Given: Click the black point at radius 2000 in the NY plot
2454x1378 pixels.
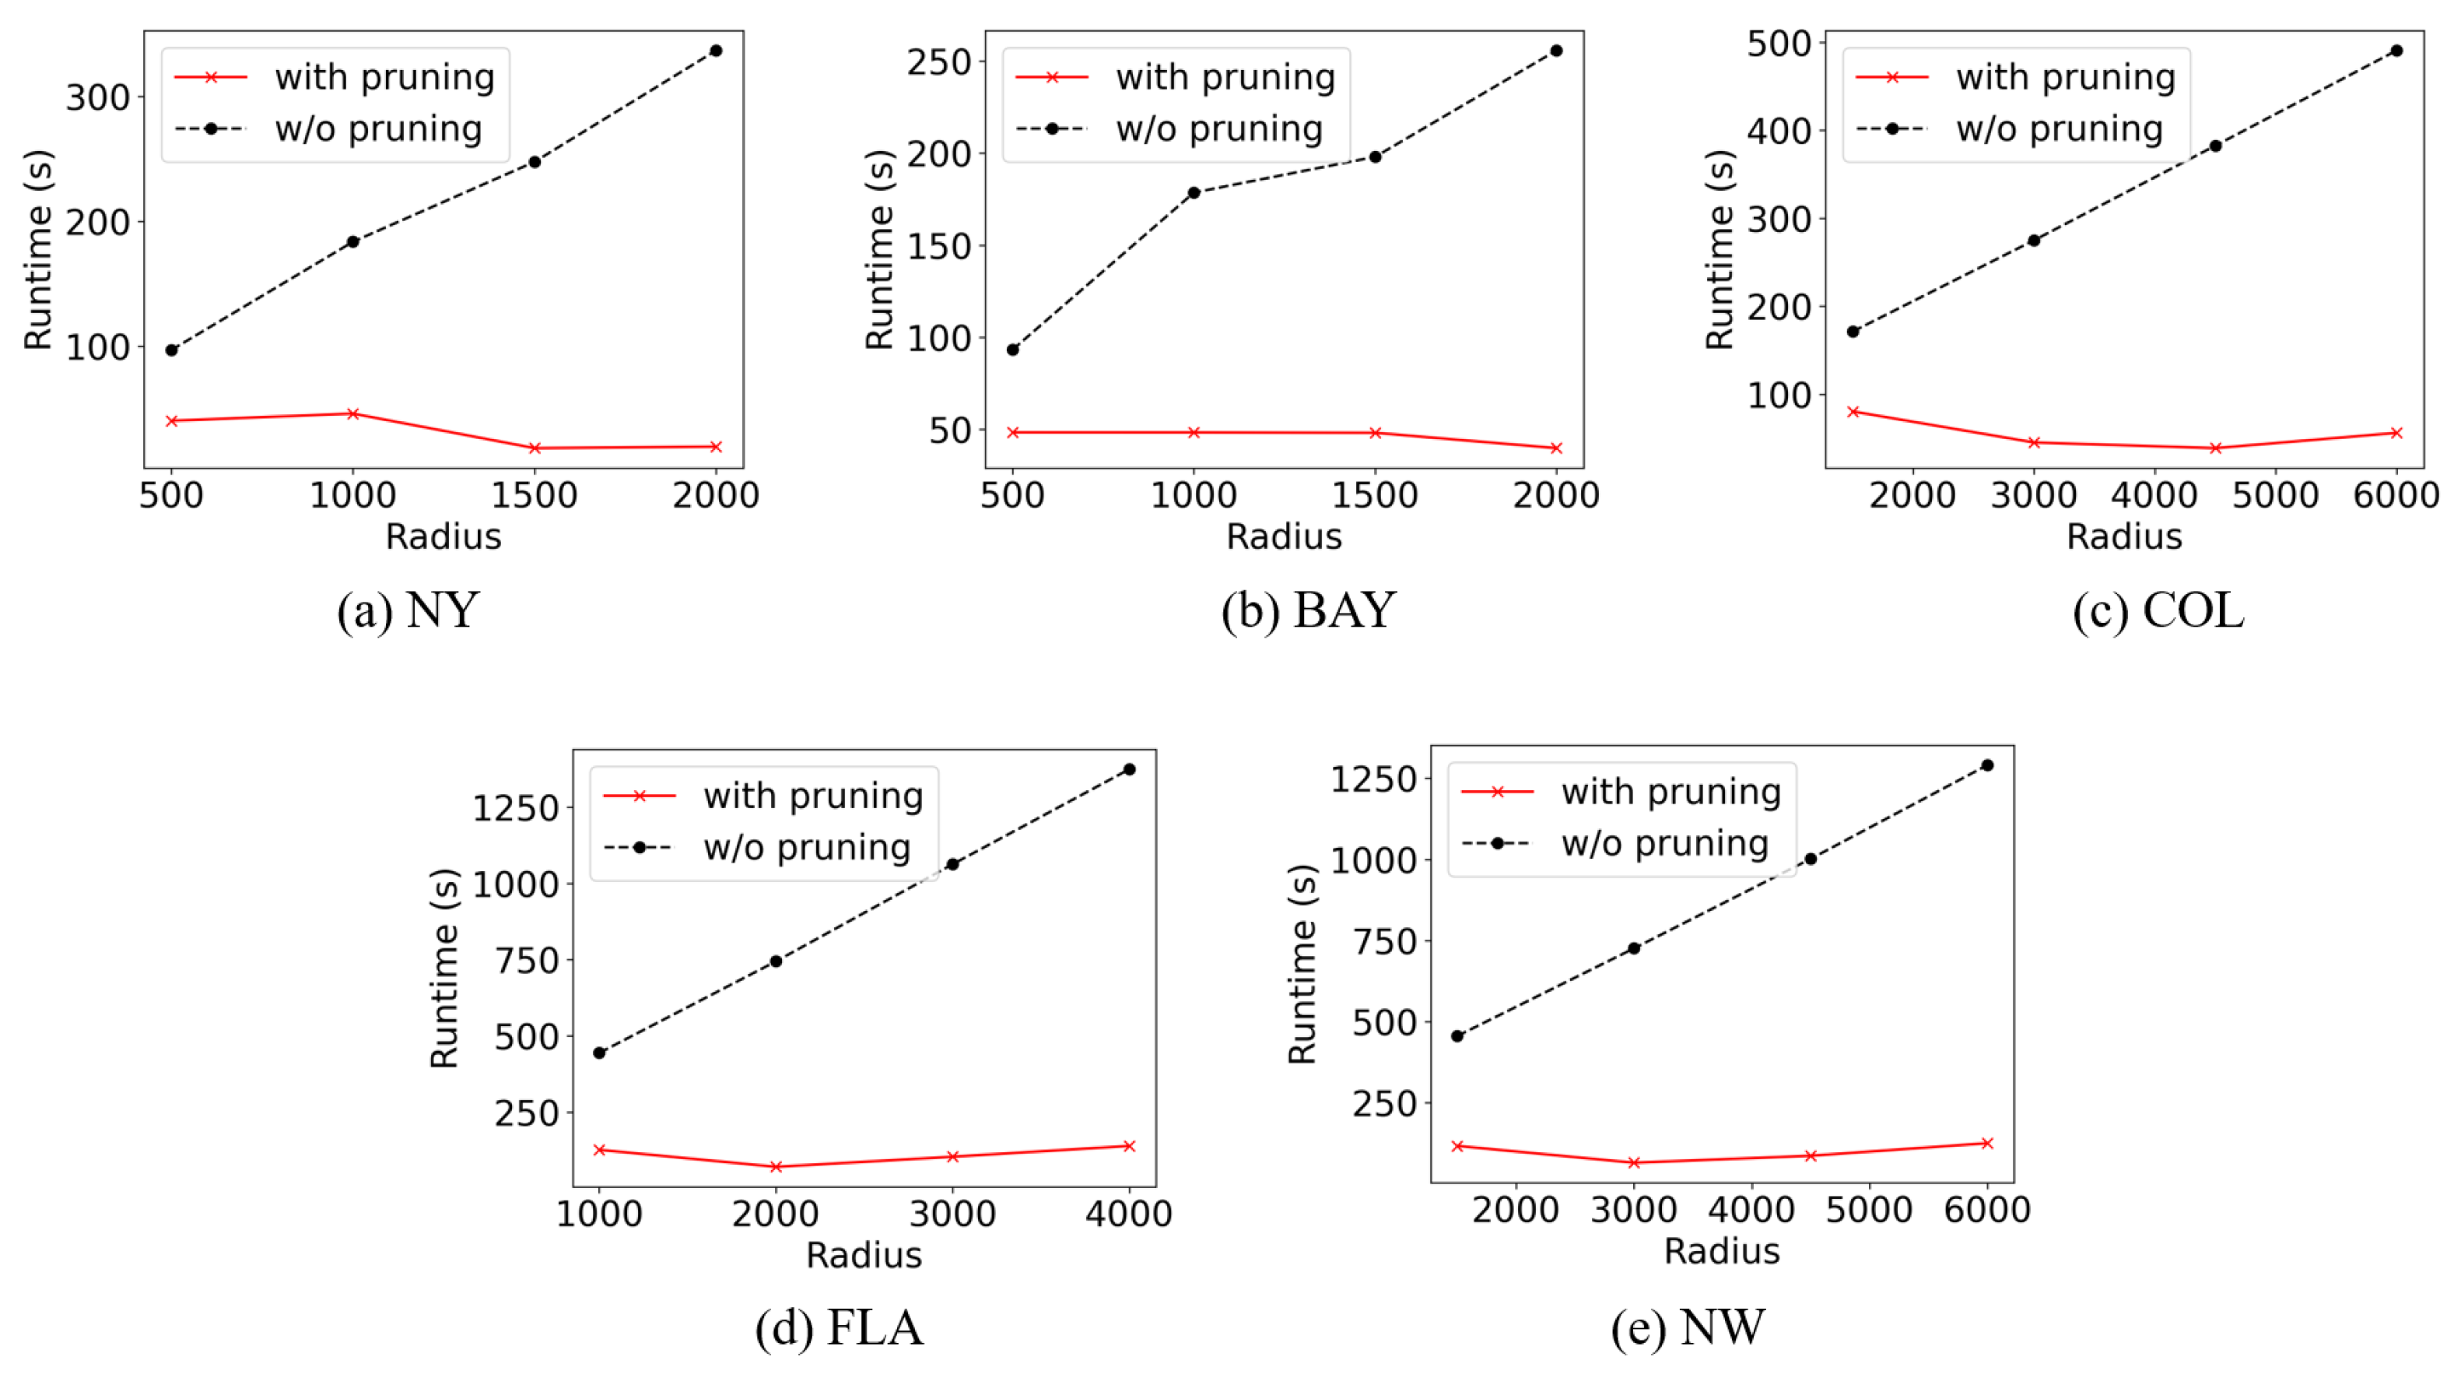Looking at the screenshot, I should pyautogui.click(x=716, y=51).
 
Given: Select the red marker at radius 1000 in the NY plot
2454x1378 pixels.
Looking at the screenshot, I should pyautogui.click(x=352, y=413).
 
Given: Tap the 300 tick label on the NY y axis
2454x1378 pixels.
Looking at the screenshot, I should pyautogui.click(x=97, y=97).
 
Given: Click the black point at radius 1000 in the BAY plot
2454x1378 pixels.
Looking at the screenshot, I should pyautogui.click(x=1194, y=192).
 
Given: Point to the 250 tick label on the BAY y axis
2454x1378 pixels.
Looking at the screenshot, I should pyautogui.click(x=938, y=62).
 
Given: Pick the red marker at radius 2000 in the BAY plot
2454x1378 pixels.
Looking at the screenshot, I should pyautogui.click(x=1555, y=448).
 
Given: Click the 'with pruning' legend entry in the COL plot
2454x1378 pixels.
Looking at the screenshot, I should pyautogui.click(x=2064, y=77).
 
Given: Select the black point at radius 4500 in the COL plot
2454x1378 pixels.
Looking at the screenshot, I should pyautogui.click(x=2216, y=146).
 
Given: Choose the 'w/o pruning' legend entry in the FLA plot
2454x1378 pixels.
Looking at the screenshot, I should pyautogui.click(x=806, y=847).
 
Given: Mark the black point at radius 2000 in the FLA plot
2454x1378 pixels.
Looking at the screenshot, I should pyautogui.click(x=776, y=961).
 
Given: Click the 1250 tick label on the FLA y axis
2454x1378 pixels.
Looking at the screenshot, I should pyautogui.click(x=515, y=808).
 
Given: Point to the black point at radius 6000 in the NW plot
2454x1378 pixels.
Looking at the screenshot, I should pyautogui.click(x=1987, y=765).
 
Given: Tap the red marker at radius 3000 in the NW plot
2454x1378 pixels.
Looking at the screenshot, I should pyautogui.click(x=1634, y=1162).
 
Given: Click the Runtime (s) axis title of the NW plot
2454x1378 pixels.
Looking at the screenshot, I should pyautogui.click(x=1302, y=964).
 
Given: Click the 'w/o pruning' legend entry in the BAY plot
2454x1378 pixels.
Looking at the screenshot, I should pyautogui.click(x=1218, y=128).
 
